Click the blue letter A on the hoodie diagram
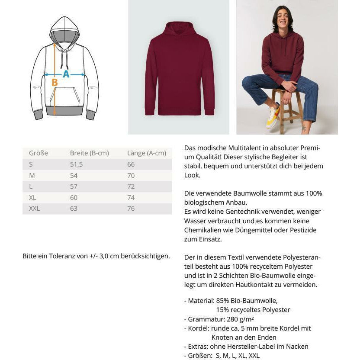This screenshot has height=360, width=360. coord(66,74)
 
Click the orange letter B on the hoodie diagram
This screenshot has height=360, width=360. coord(55,82)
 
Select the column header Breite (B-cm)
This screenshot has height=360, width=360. coord(89,153)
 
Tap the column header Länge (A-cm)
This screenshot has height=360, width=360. coord(146,153)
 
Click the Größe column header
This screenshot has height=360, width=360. coord(38,153)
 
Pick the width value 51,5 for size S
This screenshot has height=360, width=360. coord(76,164)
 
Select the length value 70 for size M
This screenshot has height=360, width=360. coord(131,176)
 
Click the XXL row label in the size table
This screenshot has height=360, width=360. coord(34,209)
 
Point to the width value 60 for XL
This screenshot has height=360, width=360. coord(74,197)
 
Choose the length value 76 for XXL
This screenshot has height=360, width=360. coord(131,209)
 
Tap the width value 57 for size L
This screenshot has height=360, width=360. coord(74,186)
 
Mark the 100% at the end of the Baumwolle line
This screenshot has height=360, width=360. coord(314,193)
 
